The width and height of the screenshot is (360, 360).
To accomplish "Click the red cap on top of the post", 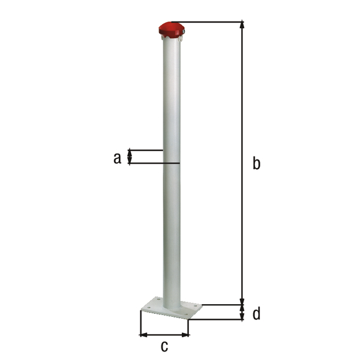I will point(172,29).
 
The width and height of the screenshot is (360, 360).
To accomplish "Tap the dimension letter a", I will point(117,158).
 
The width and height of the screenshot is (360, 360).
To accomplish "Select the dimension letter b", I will point(256,163).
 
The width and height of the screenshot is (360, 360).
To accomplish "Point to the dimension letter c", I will point(164,346).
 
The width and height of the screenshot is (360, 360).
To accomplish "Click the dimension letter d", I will point(256,313).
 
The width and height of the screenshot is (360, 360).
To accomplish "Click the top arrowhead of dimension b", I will point(242,25).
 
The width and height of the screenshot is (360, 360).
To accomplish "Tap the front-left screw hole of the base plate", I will point(146,310).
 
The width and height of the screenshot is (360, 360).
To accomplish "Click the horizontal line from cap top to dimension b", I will point(213,22).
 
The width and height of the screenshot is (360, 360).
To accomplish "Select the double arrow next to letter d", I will point(242,312).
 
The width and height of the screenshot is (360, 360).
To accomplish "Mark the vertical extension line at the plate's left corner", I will point(140,324).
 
